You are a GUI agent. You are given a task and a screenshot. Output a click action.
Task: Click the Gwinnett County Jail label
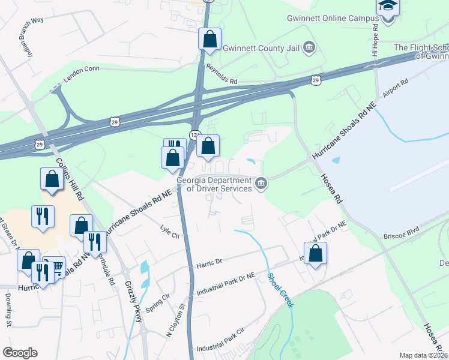261,47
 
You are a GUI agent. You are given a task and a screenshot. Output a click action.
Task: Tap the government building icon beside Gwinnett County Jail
309,47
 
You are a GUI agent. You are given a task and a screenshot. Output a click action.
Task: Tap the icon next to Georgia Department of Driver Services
261,183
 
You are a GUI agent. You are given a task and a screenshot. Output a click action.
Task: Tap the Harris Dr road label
209,263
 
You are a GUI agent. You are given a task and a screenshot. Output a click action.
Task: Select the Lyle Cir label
170,232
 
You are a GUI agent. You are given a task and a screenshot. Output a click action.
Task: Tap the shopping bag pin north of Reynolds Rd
209,39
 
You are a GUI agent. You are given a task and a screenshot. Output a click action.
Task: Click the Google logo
20,352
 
